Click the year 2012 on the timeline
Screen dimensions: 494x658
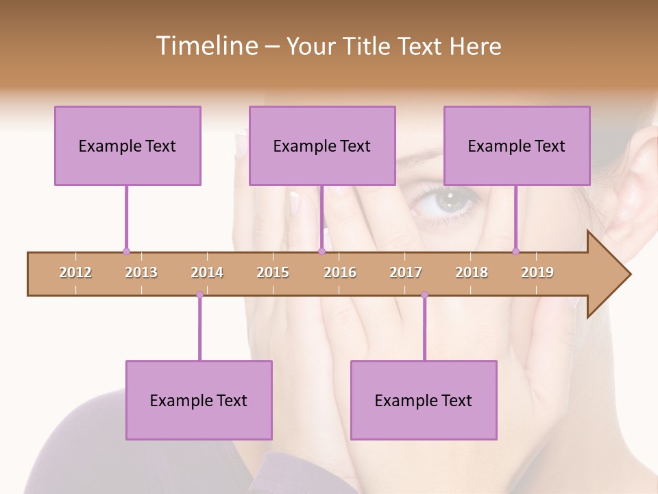[75, 272]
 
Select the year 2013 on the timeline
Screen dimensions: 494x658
[141, 272]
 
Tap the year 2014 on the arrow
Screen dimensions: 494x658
[207, 272]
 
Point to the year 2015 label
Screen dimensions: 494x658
[273, 272]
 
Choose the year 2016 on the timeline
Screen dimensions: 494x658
[340, 272]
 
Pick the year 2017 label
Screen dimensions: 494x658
[406, 272]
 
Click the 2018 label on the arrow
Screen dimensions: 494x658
[472, 272]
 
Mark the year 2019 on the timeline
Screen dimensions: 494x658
[537, 272]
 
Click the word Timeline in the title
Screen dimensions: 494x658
[206, 46]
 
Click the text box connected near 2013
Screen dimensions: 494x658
[127, 145]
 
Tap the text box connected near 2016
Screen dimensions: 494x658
[322, 145]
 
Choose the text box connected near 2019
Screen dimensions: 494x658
[517, 145]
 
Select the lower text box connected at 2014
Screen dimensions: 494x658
[199, 400]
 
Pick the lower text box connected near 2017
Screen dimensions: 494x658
[424, 400]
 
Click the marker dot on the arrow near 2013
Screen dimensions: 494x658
[126, 252]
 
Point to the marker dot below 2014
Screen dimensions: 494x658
[199, 295]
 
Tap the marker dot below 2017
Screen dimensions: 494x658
[424, 295]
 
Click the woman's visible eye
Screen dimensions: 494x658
[447, 200]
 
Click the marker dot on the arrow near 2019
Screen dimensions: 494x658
[516, 252]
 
